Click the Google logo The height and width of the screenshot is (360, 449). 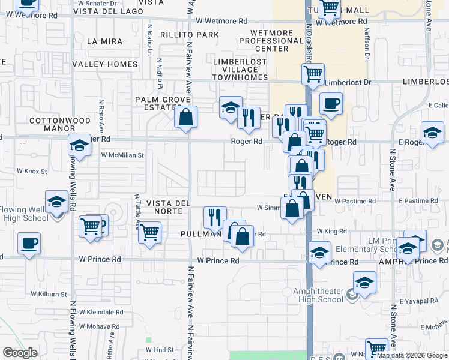point(20,353)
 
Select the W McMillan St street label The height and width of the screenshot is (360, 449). point(123,155)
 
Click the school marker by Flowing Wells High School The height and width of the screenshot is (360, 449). point(56,202)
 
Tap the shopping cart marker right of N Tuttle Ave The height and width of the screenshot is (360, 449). point(149,231)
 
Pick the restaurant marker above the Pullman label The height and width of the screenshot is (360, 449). point(214,217)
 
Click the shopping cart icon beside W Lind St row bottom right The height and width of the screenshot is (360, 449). point(376,348)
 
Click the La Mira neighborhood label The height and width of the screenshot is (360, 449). point(104,41)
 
